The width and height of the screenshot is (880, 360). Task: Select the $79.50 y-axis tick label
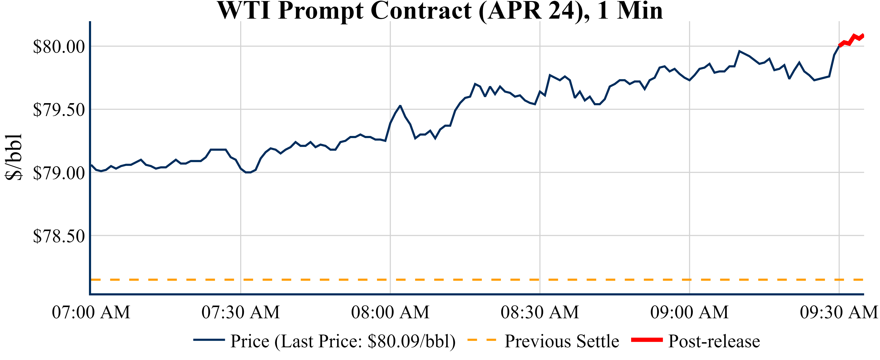point(59,110)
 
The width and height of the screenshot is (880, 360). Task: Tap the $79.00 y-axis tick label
point(59,173)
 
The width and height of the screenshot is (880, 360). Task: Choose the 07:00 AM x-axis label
point(91,312)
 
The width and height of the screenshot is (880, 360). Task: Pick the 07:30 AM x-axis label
point(241,312)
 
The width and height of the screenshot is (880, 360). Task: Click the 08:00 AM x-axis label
point(390,312)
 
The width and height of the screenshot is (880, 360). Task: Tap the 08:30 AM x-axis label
point(540,312)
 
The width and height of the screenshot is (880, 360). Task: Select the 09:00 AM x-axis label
point(689,312)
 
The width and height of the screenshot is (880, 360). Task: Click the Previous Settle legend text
point(562,341)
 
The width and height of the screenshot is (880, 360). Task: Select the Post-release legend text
point(714,341)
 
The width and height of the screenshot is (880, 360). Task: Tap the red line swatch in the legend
point(647,340)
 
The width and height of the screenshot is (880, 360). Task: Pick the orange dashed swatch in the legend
point(481,340)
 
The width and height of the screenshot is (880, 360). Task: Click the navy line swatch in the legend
point(209,340)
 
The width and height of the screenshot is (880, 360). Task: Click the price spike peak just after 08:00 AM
point(400,106)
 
